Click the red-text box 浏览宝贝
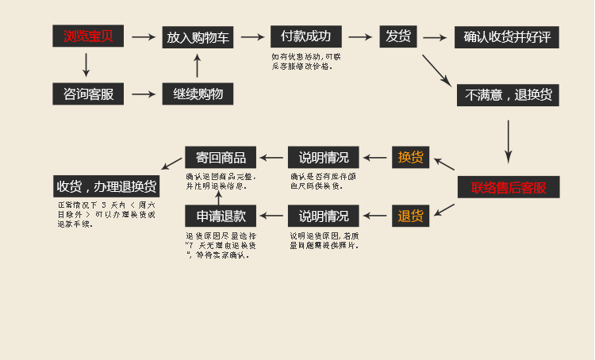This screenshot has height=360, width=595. click(x=88, y=36)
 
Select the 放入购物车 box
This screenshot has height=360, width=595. click(x=198, y=36)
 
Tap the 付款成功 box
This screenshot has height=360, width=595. click(x=305, y=36)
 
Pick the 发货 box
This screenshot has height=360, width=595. click(x=397, y=36)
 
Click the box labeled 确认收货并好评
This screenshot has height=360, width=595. click(x=507, y=37)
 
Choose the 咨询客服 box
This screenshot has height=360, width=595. click(x=88, y=94)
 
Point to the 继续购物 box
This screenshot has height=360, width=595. click(x=198, y=94)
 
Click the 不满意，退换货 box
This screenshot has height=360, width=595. click(x=509, y=95)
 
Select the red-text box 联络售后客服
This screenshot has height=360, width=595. click(x=509, y=187)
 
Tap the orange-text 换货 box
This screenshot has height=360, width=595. click(x=410, y=157)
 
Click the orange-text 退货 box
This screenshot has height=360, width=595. click(x=410, y=215)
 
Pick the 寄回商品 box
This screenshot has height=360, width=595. click(x=221, y=157)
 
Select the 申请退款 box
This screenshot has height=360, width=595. click(x=221, y=215)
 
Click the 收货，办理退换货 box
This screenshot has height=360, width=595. click(x=106, y=186)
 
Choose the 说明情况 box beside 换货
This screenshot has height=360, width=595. click(x=324, y=157)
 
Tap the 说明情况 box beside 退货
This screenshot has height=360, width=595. click(x=324, y=215)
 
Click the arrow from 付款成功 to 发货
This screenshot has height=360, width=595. click(x=360, y=36)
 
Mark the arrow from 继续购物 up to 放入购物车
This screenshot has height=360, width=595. click(x=198, y=65)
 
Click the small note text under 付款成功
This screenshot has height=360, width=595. click(x=305, y=61)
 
